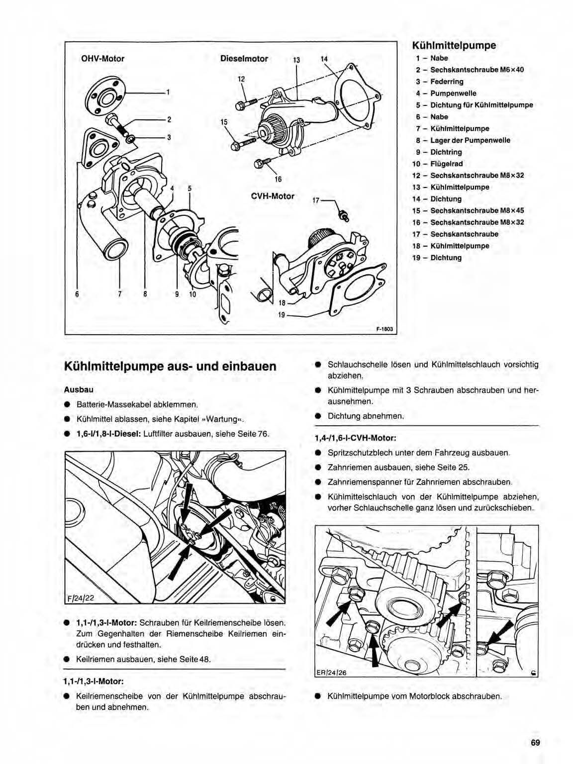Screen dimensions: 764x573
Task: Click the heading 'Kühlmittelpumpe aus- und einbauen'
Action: [x=170, y=367]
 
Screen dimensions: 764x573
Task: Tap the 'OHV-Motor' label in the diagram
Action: [x=102, y=59]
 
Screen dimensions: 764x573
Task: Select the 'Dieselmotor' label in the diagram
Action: [x=244, y=59]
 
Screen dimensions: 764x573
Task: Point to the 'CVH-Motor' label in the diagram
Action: [x=273, y=196]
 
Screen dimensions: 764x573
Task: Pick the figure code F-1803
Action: [x=384, y=329]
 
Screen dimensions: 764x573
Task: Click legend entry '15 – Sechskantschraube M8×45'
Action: [x=468, y=210]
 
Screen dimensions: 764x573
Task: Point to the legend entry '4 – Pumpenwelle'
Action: [x=446, y=93]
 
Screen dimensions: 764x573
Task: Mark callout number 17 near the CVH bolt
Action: [x=315, y=201]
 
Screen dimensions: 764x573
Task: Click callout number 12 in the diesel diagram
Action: [x=241, y=79]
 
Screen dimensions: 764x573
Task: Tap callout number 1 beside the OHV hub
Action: [x=168, y=92]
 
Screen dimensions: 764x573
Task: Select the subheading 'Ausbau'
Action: [x=79, y=390]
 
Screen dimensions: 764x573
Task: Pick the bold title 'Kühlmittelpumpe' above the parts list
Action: [x=454, y=45]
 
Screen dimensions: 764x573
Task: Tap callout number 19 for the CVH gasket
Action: [x=282, y=314]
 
